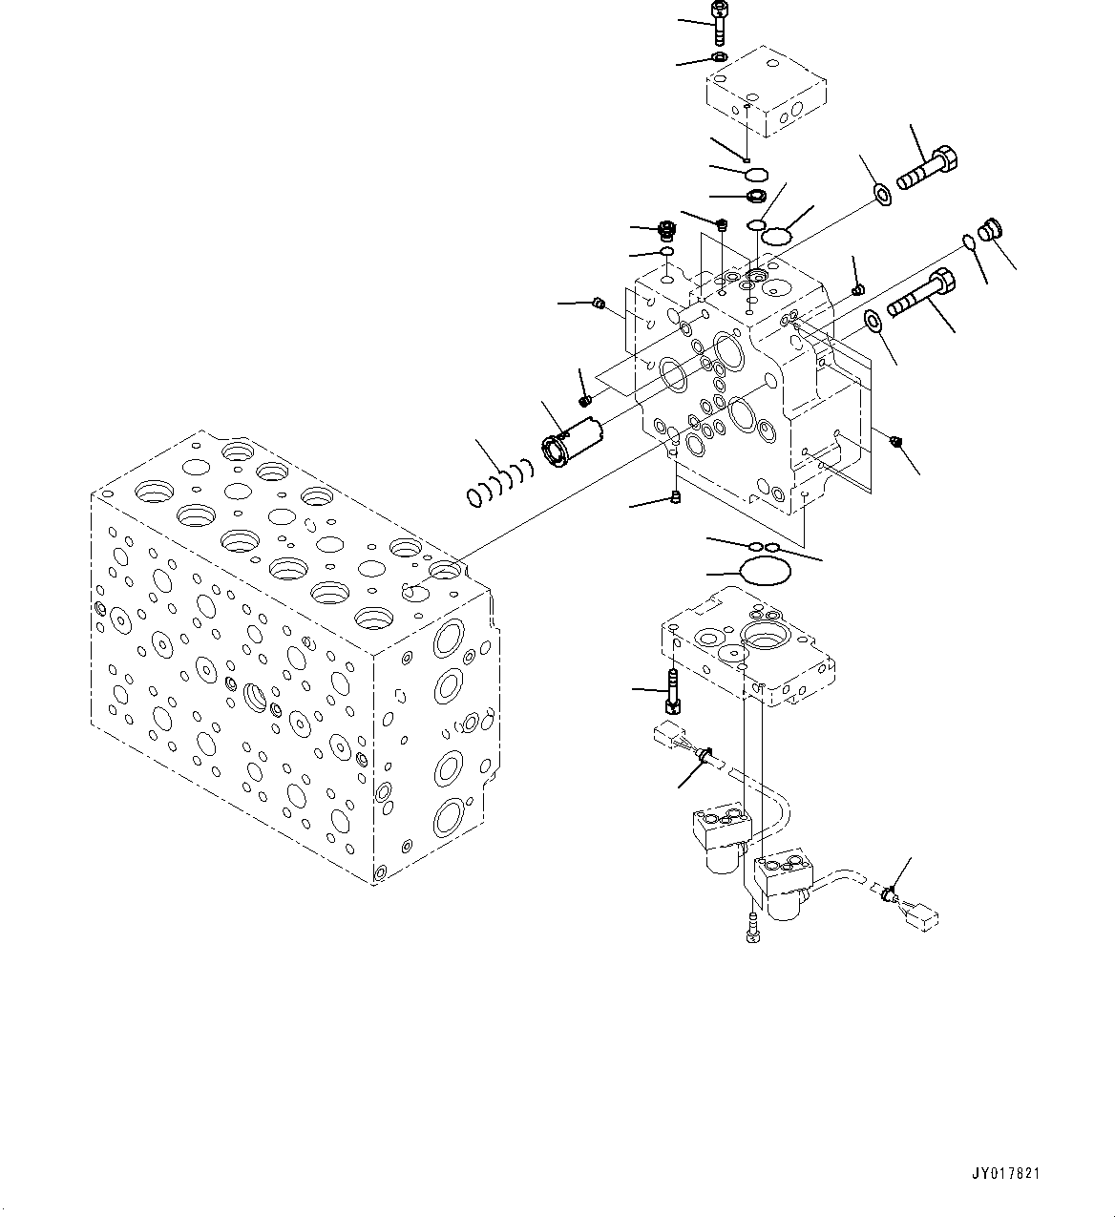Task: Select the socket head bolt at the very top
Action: [x=718, y=22]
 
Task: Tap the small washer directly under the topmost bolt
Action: [x=718, y=59]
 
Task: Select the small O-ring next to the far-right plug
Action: [x=970, y=242]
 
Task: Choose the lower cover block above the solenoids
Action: [x=747, y=649]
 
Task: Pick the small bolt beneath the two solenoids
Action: [x=754, y=927]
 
